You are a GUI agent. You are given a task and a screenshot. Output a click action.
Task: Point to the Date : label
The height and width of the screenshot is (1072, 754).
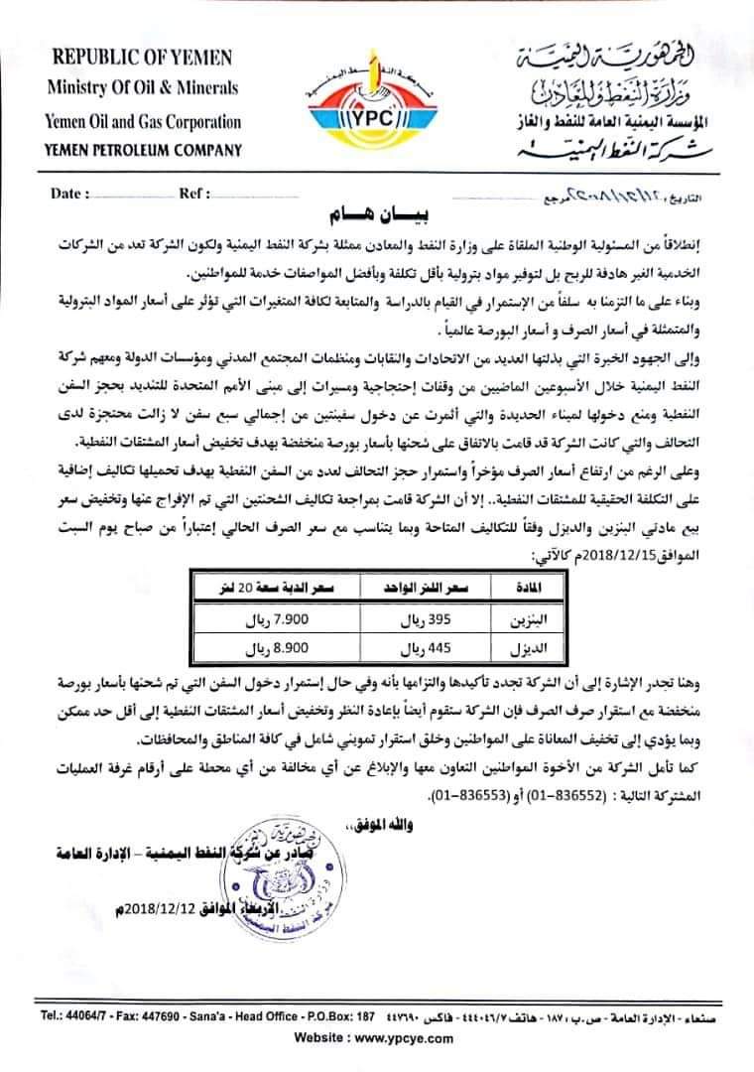click(x=70, y=194)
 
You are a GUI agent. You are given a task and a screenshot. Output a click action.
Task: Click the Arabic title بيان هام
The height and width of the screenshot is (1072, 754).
click(x=377, y=216)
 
